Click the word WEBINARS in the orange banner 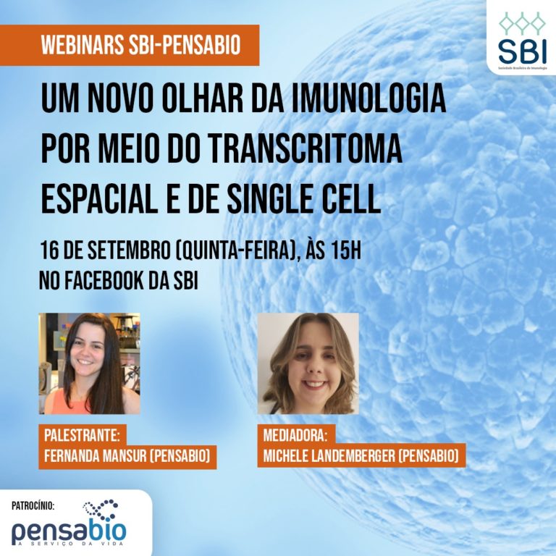point(83,45)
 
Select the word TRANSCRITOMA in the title point(306,149)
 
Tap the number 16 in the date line point(49,250)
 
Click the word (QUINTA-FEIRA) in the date point(237,250)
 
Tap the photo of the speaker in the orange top point(89,363)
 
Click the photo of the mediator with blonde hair point(308,363)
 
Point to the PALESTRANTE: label point(83,436)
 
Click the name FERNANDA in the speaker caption point(70,456)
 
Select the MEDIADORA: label point(294,436)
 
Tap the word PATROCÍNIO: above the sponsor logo point(33,505)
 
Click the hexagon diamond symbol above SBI point(522,23)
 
